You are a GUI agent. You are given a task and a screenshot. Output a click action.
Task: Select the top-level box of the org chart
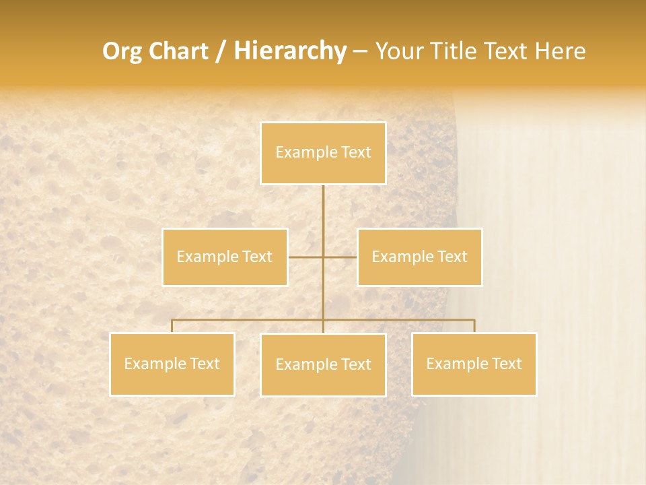pos(323,153)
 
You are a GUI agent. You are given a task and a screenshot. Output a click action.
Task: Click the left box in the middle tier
pos(225,257)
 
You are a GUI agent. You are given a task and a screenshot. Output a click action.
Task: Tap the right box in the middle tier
pos(419,257)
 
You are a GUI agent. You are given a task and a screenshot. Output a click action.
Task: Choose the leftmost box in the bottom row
pos(172,364)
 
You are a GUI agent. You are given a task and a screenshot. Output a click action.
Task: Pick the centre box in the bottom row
pos(323,364)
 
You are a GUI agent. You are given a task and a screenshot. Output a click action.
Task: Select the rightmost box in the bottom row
pos(474,364)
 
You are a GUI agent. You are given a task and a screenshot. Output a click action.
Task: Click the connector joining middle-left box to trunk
pos(305,257)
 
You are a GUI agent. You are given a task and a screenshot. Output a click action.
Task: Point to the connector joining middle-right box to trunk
pos(340,257)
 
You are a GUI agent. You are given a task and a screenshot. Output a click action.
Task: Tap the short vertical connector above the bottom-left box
pos(172,326)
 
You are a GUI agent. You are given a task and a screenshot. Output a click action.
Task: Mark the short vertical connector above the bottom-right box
pos(474,326)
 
